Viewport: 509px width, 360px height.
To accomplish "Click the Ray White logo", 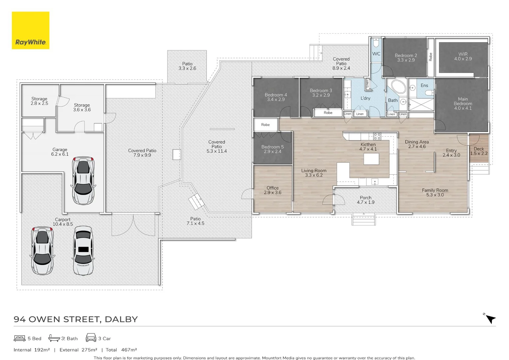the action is pos(30,30).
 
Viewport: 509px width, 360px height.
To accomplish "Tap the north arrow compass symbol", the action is pos(490,318).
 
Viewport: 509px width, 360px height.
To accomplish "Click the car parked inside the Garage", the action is pos(83,180).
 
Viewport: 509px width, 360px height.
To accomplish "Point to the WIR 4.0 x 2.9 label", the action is pos(463,56).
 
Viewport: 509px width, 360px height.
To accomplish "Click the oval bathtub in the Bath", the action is pos(399,86).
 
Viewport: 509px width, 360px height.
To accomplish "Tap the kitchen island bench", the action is pos(371,159).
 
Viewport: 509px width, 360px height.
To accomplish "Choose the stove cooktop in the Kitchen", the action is pos(377,136).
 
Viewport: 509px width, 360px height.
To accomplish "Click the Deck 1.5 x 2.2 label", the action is pos(479,151).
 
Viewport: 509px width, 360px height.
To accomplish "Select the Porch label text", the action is pos(366,198).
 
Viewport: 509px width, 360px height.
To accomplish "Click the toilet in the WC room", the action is pos(376,43).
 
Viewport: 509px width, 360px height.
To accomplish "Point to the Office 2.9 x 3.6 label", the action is pos(272,190).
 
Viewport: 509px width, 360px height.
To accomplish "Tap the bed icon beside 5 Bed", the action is pos(20,338).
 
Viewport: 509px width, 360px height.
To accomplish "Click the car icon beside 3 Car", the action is pos(91,337).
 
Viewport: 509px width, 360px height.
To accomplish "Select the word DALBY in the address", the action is pos(121,319).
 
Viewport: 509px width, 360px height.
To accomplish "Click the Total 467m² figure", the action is pos(121,350).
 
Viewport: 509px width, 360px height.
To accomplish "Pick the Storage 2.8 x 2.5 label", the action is pos(39,101).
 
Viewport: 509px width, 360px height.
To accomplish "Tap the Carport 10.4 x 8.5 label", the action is pos(63,222).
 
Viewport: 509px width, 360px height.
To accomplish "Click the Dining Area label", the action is pos(417,142).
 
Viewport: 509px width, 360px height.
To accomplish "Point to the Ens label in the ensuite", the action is pos(424,85).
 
